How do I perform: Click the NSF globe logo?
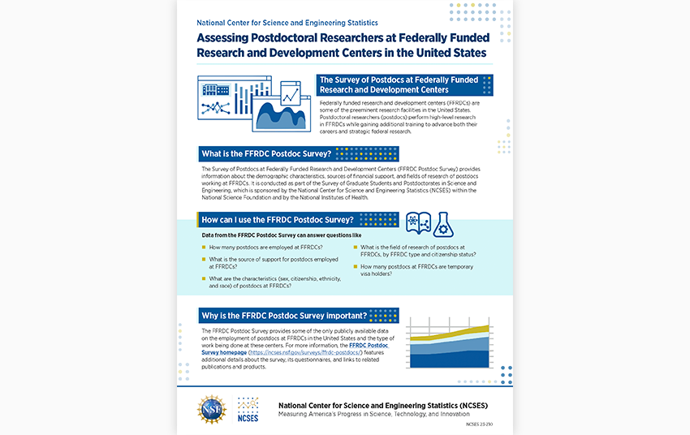point(213,409)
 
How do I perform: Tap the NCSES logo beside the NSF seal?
point(249,409)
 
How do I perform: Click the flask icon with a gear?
point(443,223)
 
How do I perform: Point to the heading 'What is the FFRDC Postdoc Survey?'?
point(265,153)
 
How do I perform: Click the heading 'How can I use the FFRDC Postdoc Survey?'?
point(276,220)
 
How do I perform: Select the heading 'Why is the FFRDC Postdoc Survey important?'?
point(283,315)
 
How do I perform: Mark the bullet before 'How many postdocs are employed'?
point(203,247)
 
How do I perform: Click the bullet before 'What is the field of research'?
point(355,247)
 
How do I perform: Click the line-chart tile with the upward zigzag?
point(290,96)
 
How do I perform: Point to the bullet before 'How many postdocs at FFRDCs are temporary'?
point(355,266)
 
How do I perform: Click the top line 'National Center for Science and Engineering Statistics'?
point(287,24)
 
